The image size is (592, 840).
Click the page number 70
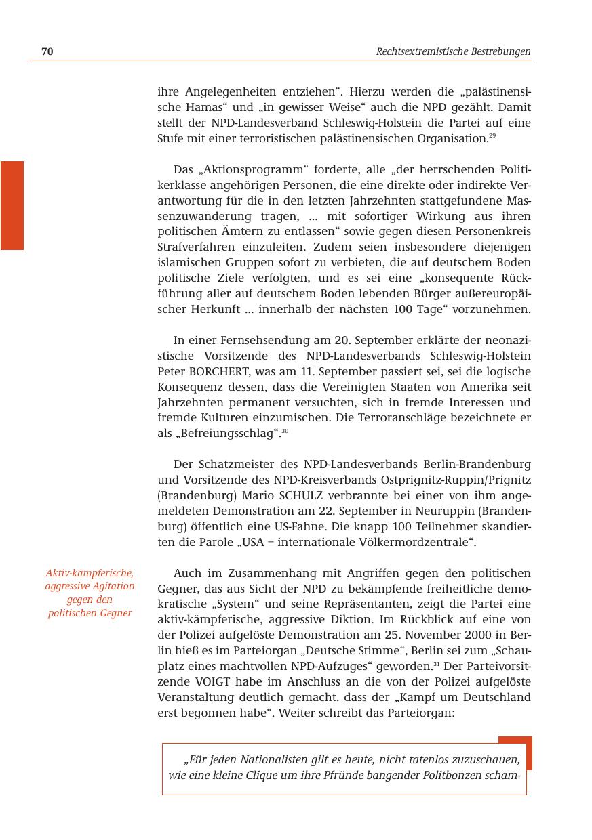pyautogui.click(x=47, y=51)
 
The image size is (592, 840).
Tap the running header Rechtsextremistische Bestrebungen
pyautogui.click(x=453, y=51)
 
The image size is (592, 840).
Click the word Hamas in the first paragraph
pyautogui.click(x=203, y=107)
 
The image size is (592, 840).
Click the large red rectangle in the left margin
pyautogui.click(x=12, y=205)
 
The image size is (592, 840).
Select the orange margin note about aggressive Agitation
pyautogui.click(x=90, y=593)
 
